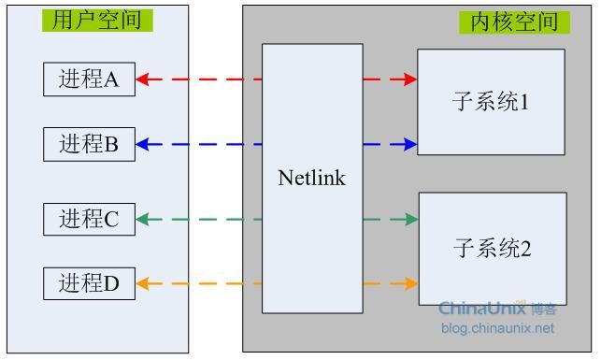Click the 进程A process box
(x=89, y=79)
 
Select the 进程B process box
(x=89, y=144)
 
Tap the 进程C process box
(x=89, y=219)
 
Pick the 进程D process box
(x=89, y=282)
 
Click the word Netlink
(x=311, y=178)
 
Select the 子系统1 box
(x=491, y=102)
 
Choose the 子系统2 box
(x=493, y=249)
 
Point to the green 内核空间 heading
(x=513, y=22)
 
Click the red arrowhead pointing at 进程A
(x=143, y=79)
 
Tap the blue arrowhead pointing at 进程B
(x=143, y=144)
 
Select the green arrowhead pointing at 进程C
(x=143, y=219)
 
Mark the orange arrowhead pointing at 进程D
(x=143, y=282)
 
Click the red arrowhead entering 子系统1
(x=409, y=79)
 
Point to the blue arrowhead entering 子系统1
(x=409, y=144)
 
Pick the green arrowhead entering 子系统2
(x=410, y=219)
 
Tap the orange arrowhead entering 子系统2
(x=410, y=282)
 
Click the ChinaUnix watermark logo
(x=497, y=308)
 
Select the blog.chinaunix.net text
(x=497, y=327)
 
